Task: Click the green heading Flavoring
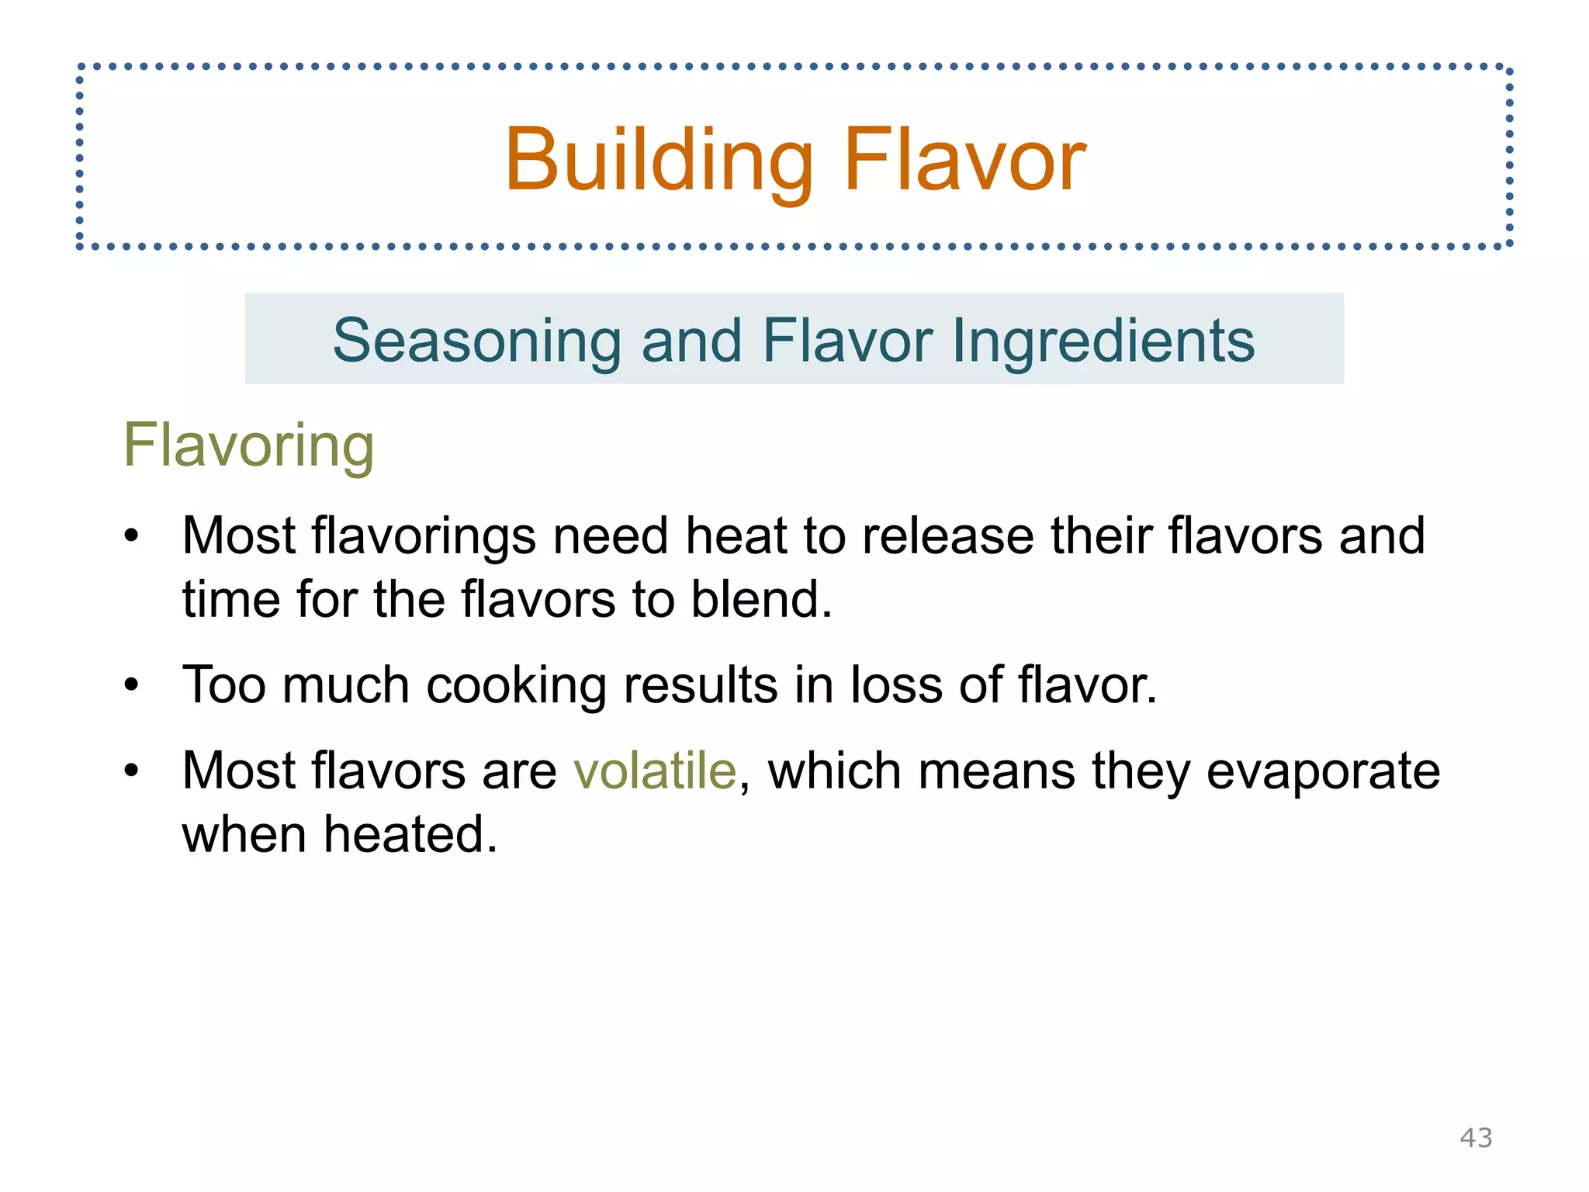point(248,445)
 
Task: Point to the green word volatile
point(655,771)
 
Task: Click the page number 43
point(1476,1138)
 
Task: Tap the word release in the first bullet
point(948,536)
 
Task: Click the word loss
point(896,685)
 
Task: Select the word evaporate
point(1323,771)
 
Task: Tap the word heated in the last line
point(410,834)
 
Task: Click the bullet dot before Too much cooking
point(132,686)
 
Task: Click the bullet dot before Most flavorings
point(132,537)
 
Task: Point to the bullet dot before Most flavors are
point(132,771)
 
